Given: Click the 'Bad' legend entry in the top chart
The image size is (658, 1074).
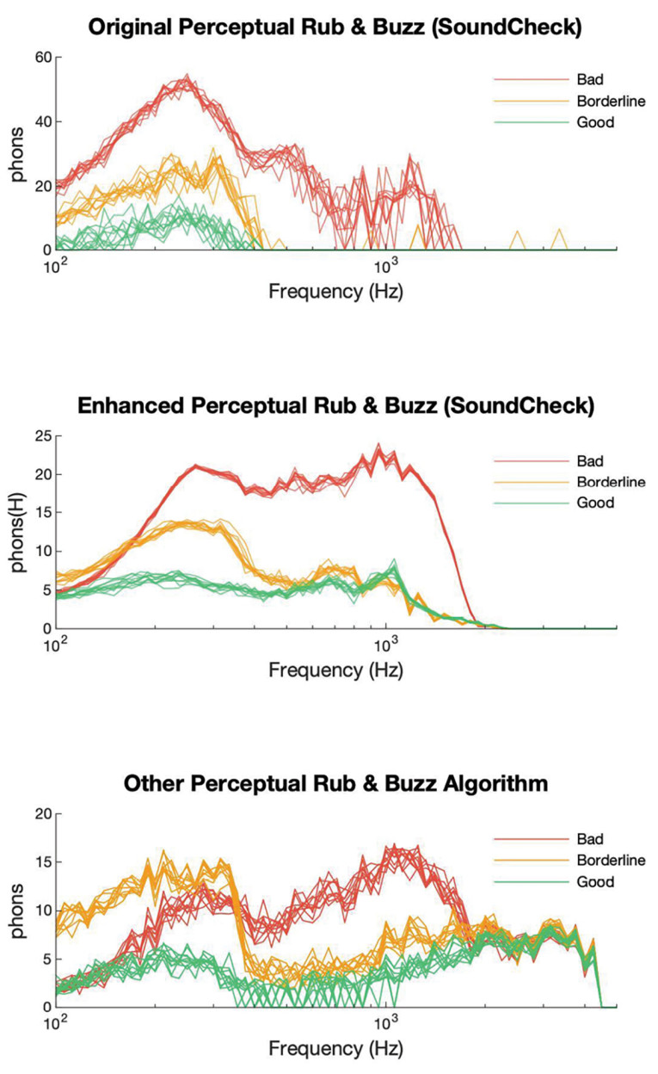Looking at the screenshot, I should (587, 79).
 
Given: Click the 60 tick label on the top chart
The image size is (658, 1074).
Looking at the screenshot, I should (41, 58).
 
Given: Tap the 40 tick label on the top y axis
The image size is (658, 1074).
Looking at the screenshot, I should (41, 121).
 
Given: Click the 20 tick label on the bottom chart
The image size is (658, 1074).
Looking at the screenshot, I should (41, 814).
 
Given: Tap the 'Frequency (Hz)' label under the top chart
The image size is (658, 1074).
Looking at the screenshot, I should (335, 292).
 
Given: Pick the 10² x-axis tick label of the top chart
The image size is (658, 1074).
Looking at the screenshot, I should (55, 267).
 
